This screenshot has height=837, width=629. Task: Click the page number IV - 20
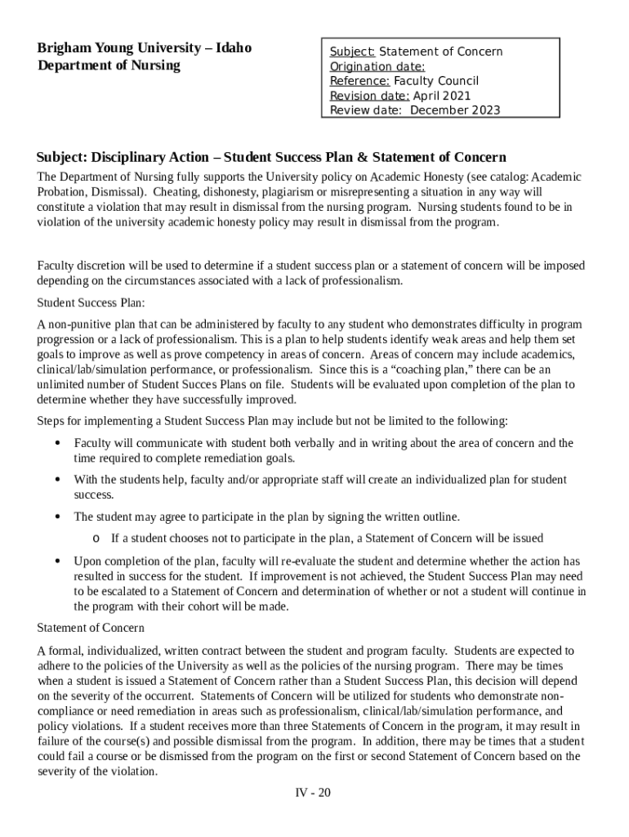coord(313,793)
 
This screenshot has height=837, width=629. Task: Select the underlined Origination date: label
coord(377,66)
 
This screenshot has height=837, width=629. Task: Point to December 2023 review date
coord(455,110)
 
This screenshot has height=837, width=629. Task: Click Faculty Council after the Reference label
coord(436,81)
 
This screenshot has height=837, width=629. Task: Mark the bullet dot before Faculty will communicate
coord(57,443)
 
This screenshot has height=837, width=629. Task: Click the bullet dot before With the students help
coord(57,480)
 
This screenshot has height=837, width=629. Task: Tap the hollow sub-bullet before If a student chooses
coord(96,539)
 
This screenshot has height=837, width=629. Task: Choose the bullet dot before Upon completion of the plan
coord(57,562)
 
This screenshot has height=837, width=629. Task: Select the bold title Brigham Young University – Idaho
coord(144,47)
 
